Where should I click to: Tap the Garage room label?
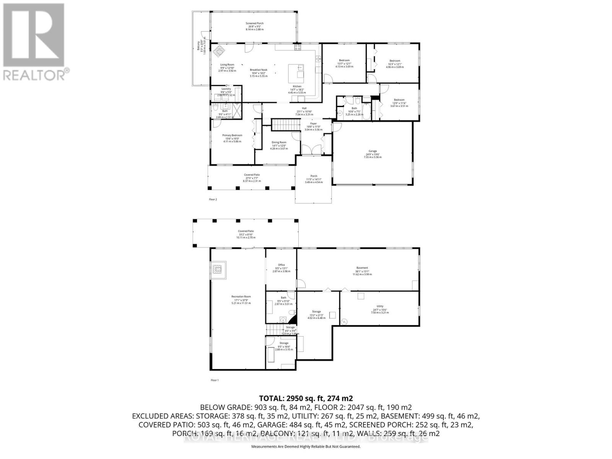372,155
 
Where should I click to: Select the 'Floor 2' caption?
213,199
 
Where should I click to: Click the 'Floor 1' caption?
215,380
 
